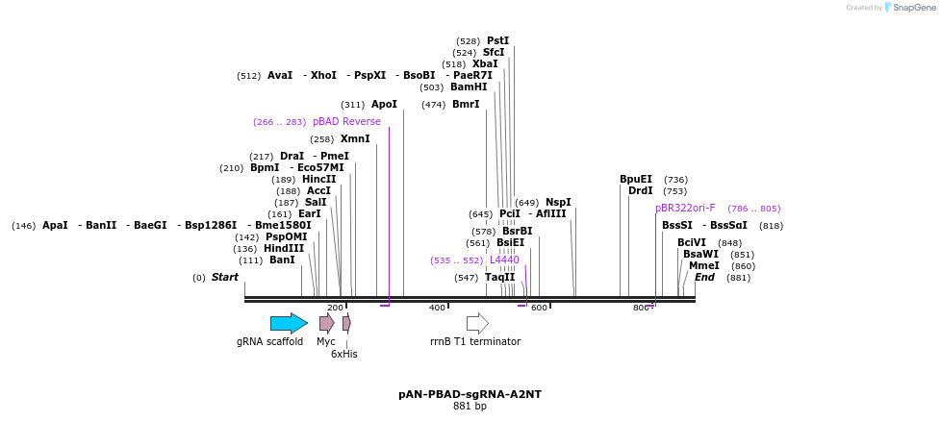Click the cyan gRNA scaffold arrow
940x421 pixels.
coord(289,323)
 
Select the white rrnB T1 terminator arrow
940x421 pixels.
coord(477,323)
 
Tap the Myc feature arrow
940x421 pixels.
coord(327,323)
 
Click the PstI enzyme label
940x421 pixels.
coord(497,40)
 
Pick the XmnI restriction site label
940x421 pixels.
coord(355,139)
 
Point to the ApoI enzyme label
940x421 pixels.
coord(384,104)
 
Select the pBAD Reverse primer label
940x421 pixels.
coord(346,122)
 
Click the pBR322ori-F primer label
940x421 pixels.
coord(685,208)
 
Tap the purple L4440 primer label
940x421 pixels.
coord(504,260)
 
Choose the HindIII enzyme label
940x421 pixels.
coord(284,248)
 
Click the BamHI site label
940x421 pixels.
coord(469,87)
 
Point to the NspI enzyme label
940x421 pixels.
coord(558,202)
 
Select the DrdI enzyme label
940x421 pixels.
coord(640,190)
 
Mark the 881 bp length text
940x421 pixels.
coord(470,407)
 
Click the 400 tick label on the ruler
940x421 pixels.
coord(437,308)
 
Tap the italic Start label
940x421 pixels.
coord(224,278)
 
